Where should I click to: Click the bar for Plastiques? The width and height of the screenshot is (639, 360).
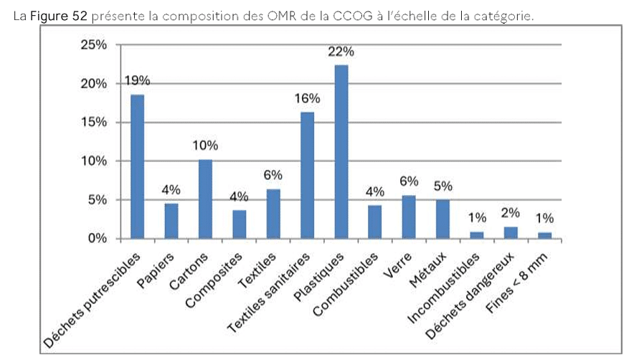pyautogui.click(x=341, y=151)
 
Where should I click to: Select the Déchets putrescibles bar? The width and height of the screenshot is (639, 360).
pyautogui.click(x=137, y=166)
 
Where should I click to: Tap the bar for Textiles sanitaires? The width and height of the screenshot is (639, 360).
pyautogui.click(x=307, y=175)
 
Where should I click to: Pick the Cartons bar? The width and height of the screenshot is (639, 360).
pyautogui.click(x=205, y=199)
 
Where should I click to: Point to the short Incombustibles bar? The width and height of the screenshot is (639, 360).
pyautogui.click(x=477, y=235)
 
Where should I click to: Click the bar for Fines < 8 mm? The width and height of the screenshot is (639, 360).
pyautogui.click(x=545, y=235)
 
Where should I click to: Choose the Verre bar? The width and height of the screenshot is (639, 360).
pyautogui.click(x=409, y=217)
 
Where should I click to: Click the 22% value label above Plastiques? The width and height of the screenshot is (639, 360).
pyautogui.click(x=342, y=52)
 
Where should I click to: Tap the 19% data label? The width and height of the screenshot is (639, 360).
pyautogui.click(x=137, y=81)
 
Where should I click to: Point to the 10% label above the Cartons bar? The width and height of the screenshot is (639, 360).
pyautogui.click(x=205, y=146)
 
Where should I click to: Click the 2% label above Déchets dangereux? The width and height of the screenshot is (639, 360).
pyautogui.click(x=511, y=212)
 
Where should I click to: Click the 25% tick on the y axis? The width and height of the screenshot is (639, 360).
pyautogui.click(x=93, y=45)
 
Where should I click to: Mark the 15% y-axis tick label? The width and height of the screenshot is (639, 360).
pyautogui.click(x=93, y=123)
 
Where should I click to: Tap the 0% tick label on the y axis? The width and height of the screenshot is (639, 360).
pyautogui.click(x=96, y=239)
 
